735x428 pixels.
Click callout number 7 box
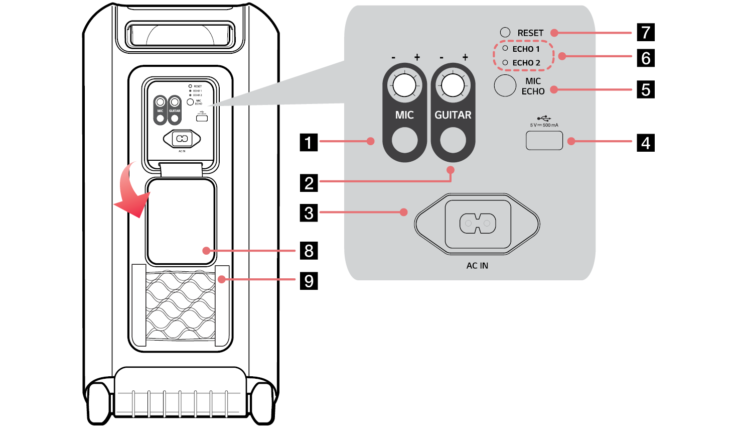click(646, 32)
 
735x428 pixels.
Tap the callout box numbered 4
click(646, 143)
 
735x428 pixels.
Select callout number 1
click(309, 143)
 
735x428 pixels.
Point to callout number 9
click(309, 280)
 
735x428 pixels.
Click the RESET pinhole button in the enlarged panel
click(505, 33)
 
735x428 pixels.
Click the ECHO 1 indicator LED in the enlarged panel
click(505, 48)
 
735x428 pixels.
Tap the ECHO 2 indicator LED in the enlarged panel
click(505, 62)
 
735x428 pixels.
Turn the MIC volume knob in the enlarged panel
click(404, 85)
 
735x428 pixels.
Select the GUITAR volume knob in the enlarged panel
click(453, 85)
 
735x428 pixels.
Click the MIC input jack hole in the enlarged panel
click(404, 140)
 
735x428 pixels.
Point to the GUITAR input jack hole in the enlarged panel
click(453, 140)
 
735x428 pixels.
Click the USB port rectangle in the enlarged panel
click(544, 140)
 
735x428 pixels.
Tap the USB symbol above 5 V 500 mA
click(544, 119)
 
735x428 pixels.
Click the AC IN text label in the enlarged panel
click(477, 266)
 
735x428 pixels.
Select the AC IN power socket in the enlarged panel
click(478, 223)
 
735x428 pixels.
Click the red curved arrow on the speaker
click(131, 193)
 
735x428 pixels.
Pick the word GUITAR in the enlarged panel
click(453, 115)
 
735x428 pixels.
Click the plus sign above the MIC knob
click(417, 57)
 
